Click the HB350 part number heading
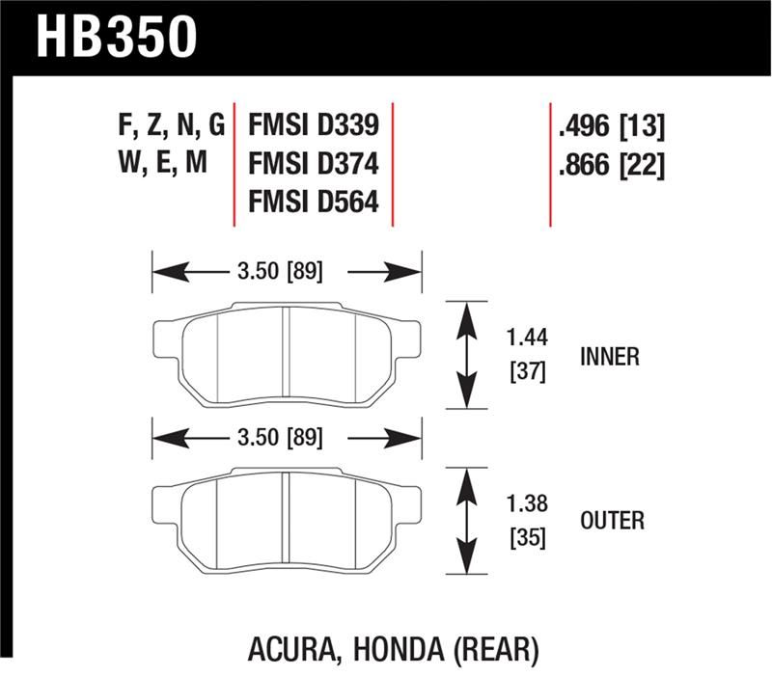tap(117, 36)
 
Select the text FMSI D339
tap(314, 125)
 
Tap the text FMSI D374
tap(314, 165)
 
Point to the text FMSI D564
tap(314, 204)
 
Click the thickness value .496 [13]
tap(611, 125)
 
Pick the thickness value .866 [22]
tap(611, 165)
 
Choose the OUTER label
tap(611, 522)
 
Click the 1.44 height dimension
tap(527, 338)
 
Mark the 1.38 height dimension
tap(527, 503)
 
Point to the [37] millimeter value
tap(527, 371)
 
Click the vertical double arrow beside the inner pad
tap(466, 355)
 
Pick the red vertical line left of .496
tap(550, 164)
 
